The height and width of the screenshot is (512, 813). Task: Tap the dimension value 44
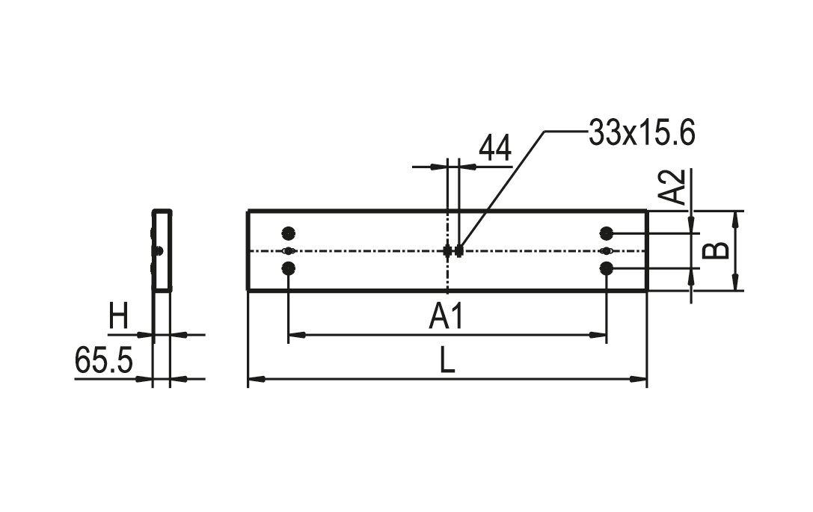pyautogui.click(x=495, y=148)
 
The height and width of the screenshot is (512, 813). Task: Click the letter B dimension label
pyautogui.click(x=716, y=251)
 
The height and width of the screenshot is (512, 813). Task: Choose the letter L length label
pyautogui.click(x=447, y=360)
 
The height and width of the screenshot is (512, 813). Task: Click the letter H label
pyautogui.click(x=118, y=317)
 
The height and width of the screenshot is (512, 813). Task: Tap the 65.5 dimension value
pyautogui.click(x=104, y=360)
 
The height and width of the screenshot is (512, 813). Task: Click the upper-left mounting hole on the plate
pyautogui.click(x=288, y=233)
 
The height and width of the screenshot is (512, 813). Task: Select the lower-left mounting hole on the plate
pyautogui.click(x=288, y=268)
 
